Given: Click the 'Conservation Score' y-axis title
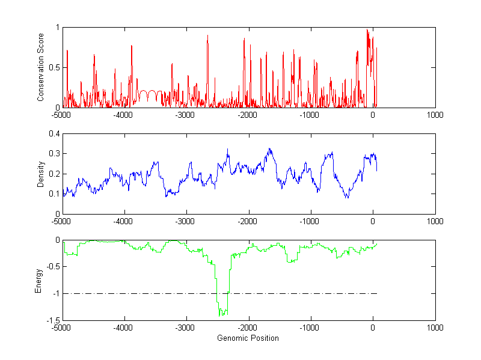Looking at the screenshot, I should (40, 67).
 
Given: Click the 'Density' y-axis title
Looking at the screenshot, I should (40, 174).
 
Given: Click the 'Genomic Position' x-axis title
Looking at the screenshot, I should (248, 338).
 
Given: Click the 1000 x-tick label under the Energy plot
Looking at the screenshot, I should (435, 328).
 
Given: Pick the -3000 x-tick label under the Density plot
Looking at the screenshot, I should (186, 221).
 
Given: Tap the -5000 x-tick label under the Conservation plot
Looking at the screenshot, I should (63, 114).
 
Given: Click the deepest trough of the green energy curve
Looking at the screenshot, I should (221, 315).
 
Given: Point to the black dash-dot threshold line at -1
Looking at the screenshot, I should (301, 293).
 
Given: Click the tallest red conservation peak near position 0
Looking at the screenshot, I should (367, 29).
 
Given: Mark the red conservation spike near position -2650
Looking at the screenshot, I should (207, 35).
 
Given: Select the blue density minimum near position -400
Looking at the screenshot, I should (347, 197).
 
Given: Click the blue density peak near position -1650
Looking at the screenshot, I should (270, 149).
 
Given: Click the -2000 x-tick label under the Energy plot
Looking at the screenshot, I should (248, 328).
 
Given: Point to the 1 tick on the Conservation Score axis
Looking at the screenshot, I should (57, 28).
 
